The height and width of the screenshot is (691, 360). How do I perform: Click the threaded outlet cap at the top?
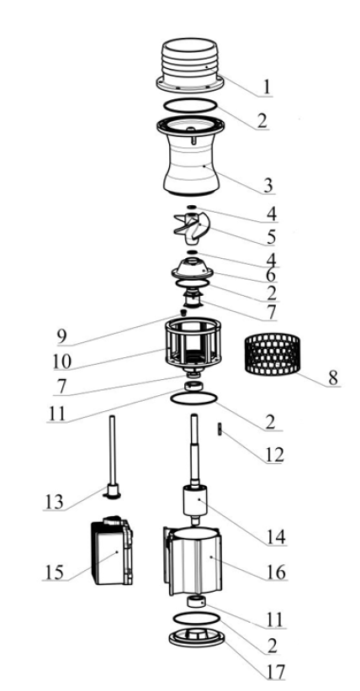[x=190, y=66]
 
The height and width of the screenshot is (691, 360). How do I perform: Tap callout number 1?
[x=266, y=87]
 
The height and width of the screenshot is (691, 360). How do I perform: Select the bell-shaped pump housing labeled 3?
[x=191, y=156]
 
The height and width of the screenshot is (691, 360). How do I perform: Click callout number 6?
[x=271, y=276]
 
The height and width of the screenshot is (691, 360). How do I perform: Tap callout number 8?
[x=333, y=377]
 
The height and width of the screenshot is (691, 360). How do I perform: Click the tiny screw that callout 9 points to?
[x=183, y=313]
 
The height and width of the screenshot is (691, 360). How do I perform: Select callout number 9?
[x=61, y=337]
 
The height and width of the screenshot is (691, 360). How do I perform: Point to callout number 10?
[x=61, y=361]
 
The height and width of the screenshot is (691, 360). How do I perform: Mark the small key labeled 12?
[x=220, y=430]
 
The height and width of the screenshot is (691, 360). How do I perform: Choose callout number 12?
[x=273, y=454]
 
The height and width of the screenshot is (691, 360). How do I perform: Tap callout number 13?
[x=55, y=502]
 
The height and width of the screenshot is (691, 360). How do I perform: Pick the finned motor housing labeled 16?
[x=193, y=561]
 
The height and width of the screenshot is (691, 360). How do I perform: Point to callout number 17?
[x=274, y=672]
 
